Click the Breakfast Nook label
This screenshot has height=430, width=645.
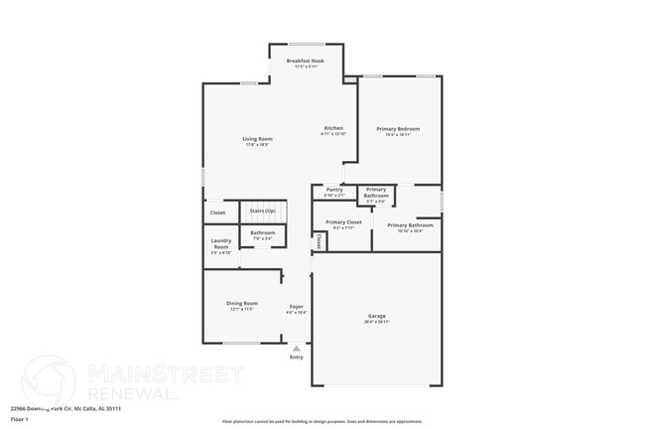click(x=306, y=62)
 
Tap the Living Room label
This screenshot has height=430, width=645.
click(x=258, y=138)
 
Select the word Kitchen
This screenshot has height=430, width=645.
click(x=333, y=128)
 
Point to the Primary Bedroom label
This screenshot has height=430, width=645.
click(x=398, y=129)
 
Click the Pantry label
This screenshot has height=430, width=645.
click(x=333, y=189)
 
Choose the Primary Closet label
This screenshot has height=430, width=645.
click(x=343, y=221)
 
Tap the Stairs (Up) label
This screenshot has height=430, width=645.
click(x=263, y=211)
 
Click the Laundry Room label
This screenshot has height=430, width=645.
click(x=221, y=244)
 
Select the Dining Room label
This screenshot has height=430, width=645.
click(x=242, y=303)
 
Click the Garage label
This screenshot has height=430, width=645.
click(x=376, y=316)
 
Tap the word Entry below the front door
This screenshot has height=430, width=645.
click(x=296, y=357)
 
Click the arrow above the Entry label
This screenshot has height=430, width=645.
click(x=296, y=349)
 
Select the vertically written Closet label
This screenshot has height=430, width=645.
click(x=319, y=240)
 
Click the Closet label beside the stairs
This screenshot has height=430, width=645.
click(x=217, y=213)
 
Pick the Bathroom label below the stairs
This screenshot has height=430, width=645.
click(x=263, y=233)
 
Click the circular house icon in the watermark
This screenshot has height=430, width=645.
click(x=48, y=382)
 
